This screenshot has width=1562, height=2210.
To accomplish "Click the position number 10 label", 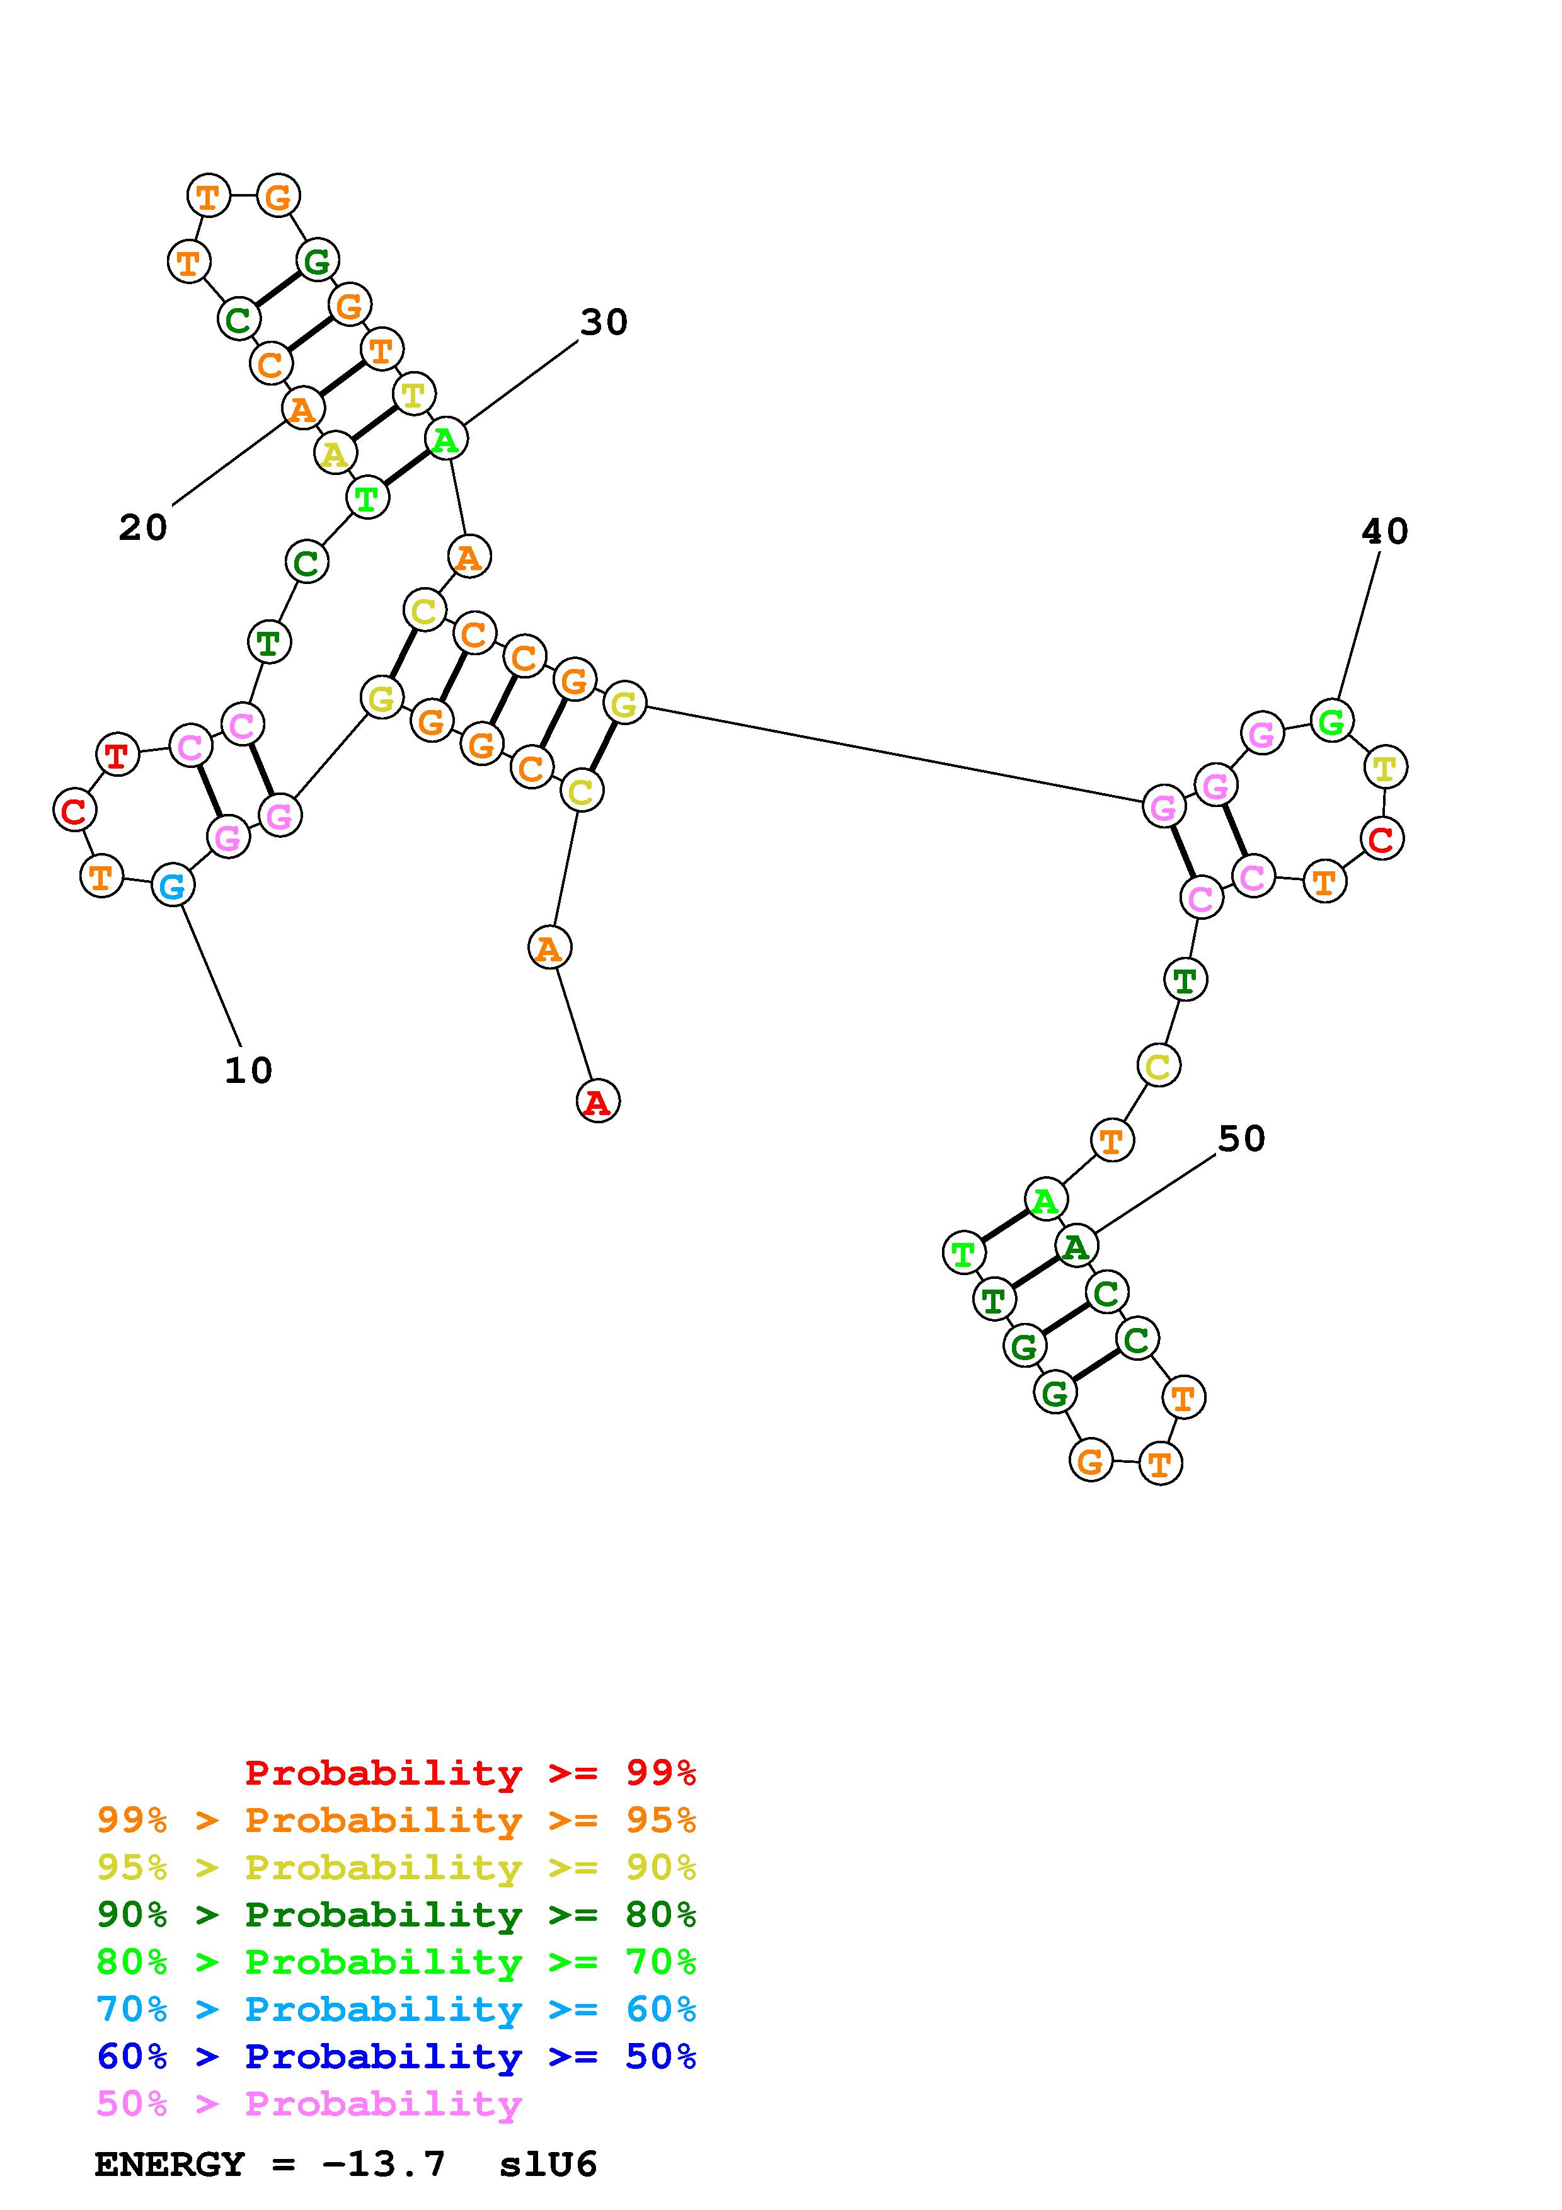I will tap(248, 1070).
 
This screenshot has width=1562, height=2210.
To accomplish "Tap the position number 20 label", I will tap(142, 527).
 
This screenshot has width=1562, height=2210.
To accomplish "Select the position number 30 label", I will tap(604, 323).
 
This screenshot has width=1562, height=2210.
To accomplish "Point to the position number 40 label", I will tap(1384, 531).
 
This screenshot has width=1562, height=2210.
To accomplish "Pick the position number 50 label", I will tap(1241, 1138).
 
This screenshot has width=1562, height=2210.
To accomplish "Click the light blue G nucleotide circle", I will tap(172, 886).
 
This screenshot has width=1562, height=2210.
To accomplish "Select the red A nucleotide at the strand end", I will tap(598, 1101).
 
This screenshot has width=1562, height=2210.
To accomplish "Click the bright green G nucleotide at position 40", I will tap(1332, 720).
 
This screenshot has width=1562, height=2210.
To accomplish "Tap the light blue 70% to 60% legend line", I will tap(396, 2009).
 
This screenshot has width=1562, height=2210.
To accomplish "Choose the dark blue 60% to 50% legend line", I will tap(396, 2056).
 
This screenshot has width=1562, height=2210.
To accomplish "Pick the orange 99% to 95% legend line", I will tap(396, 1820).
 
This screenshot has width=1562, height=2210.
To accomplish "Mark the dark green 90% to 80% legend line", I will tap(396, 1915).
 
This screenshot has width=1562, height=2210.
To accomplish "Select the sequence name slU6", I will tap(548, 2164).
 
